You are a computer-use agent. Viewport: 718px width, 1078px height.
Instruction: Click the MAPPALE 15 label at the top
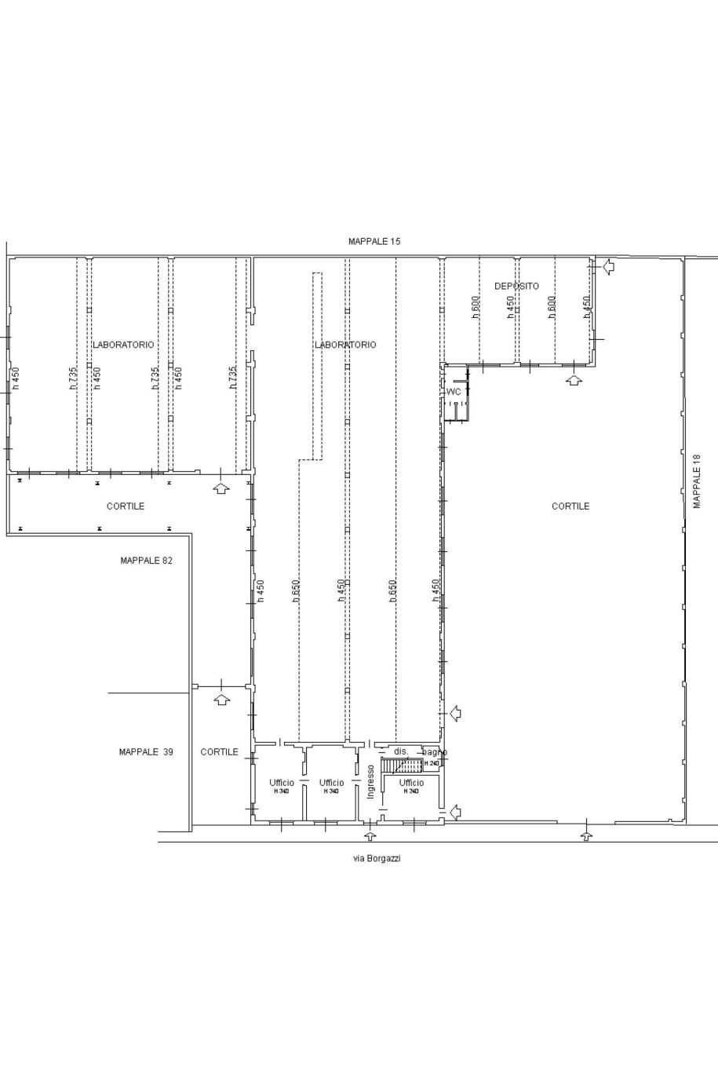pos(374,242)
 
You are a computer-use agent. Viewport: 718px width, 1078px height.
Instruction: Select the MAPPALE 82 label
pos(146,561)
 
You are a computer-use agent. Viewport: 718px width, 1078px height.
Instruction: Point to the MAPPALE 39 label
pos(146,751)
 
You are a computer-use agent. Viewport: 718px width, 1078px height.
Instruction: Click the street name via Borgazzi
pos(377,858)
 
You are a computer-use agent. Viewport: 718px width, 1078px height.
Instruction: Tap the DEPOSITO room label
pos(516,286)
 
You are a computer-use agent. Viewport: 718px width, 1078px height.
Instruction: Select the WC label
pos(454,392)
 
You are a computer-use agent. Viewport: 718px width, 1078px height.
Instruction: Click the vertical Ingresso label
pos(371,782)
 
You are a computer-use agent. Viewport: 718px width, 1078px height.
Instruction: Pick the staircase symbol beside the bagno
pos(402,765)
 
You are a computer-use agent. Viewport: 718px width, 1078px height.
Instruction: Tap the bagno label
pos(434,752)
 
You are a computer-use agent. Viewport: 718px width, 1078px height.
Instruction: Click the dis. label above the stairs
pos(401,751)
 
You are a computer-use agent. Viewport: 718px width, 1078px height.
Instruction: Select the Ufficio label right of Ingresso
pos(411,782)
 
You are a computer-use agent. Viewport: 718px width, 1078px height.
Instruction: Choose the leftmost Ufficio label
pos(282,782)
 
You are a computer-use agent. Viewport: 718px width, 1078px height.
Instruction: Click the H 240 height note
pos(432,763)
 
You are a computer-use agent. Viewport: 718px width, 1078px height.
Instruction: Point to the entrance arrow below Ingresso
pos(370,835)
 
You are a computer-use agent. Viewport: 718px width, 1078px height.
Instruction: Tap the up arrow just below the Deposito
pos(574,380)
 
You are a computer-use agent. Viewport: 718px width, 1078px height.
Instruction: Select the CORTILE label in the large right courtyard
pos(570,506)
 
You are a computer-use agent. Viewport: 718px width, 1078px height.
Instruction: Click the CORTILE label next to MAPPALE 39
pos(219,751)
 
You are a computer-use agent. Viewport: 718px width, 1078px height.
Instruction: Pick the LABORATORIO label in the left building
pos(123,345)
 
